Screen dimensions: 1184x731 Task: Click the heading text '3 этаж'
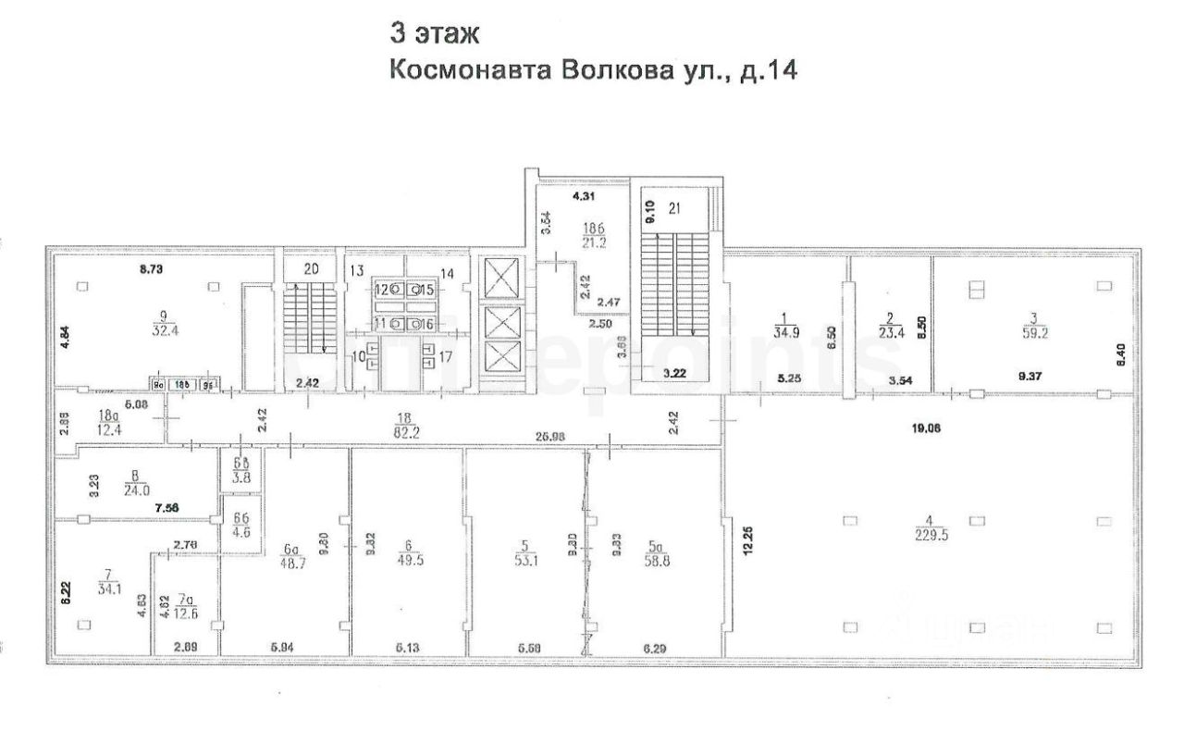coord(434,35)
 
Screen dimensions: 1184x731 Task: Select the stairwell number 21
coord(673,208)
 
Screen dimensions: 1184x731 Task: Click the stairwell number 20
coord(311,269)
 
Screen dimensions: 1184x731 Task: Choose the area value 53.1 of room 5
coord(530,558)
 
